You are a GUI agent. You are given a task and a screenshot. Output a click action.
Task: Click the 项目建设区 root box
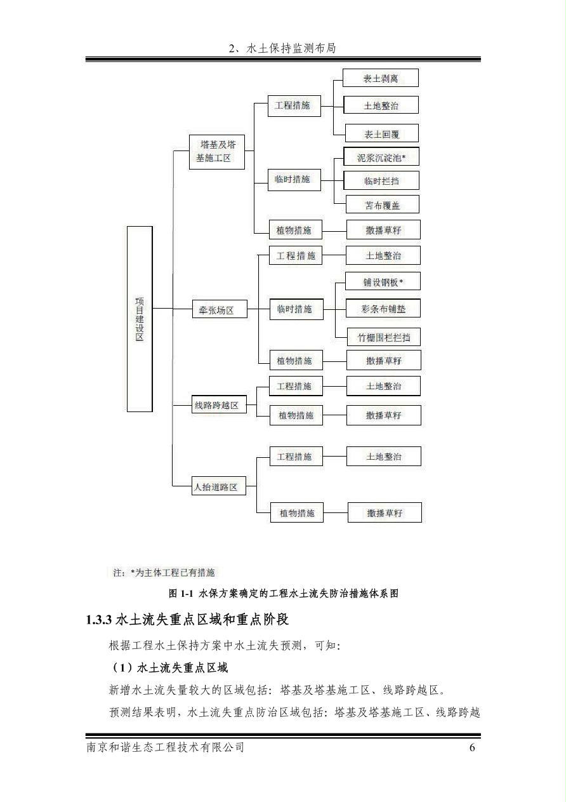[x=140, y=319]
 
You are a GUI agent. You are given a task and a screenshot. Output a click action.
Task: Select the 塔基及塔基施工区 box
[x=217, y=152]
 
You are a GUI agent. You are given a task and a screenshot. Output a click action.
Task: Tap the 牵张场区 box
[x=220, y=309]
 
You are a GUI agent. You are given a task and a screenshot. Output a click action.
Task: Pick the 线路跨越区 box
[x=219, y=404]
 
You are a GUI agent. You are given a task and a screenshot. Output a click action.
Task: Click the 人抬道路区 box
[x=219, y=486]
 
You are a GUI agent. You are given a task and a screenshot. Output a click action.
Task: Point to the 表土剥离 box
[x=380, y=77]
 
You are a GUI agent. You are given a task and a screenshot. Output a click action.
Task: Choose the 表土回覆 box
[x=381, y=133]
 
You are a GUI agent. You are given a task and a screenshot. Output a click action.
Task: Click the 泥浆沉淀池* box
[x=381, y=156]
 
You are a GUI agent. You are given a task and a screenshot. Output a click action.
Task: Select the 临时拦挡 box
[x=381, y=180]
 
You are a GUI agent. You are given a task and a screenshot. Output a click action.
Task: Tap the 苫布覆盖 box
[x=382, y=204]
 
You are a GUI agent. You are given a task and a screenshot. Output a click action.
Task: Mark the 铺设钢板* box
[x=383, y=281]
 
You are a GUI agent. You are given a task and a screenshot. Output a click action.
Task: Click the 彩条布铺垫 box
[x=383, y=308]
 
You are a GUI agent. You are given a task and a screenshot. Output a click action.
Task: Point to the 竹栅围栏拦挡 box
[x=383, y=337]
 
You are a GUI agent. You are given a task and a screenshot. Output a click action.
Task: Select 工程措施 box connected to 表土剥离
[x=294, y=105]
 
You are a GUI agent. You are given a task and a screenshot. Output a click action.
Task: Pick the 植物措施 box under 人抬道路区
[x=296, y=512]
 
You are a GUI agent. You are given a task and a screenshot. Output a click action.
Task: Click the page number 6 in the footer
[x=472, y=747]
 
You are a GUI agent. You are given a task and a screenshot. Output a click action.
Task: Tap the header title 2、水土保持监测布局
[x=282, y=48]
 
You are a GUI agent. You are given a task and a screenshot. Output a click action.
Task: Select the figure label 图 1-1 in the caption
[x=181, y=594]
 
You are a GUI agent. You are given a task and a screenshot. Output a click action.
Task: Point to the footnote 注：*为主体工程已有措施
[x=164, y=573]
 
